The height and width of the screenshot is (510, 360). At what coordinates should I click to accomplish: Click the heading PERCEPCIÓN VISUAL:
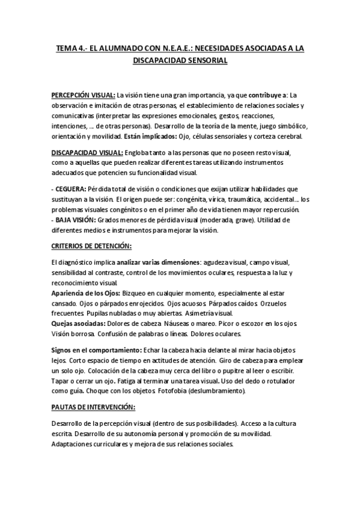pyautogui.click(x=83, y=94)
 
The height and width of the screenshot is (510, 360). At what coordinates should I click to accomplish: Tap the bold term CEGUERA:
pyautogui.click(x=71, y=189)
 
